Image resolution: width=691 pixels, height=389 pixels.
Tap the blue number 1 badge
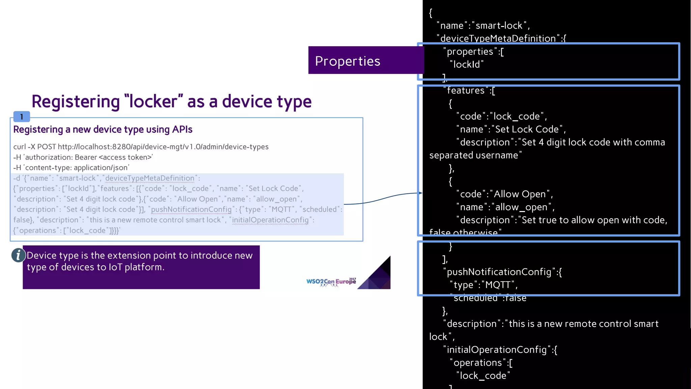(22, 117)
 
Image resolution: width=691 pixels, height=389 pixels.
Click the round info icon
(18, 255)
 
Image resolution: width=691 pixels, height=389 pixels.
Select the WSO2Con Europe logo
(331, 282)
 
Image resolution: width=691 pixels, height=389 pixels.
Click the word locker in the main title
(153, 101)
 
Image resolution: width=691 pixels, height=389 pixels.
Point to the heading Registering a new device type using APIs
(103, 130)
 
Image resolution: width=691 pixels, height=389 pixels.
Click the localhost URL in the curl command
(163, 147)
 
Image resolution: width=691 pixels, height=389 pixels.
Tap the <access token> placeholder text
(125, 157)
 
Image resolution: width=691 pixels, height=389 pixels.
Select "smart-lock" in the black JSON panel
(499, 26)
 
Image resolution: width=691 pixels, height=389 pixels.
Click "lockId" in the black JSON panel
(467, 64)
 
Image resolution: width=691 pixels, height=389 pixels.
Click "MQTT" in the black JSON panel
(498, 285)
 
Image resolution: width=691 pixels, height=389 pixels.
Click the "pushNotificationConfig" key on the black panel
(499, 272)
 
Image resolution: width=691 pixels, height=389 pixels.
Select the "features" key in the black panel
(466, 90)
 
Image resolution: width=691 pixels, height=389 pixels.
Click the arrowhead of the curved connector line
(420, 193)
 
